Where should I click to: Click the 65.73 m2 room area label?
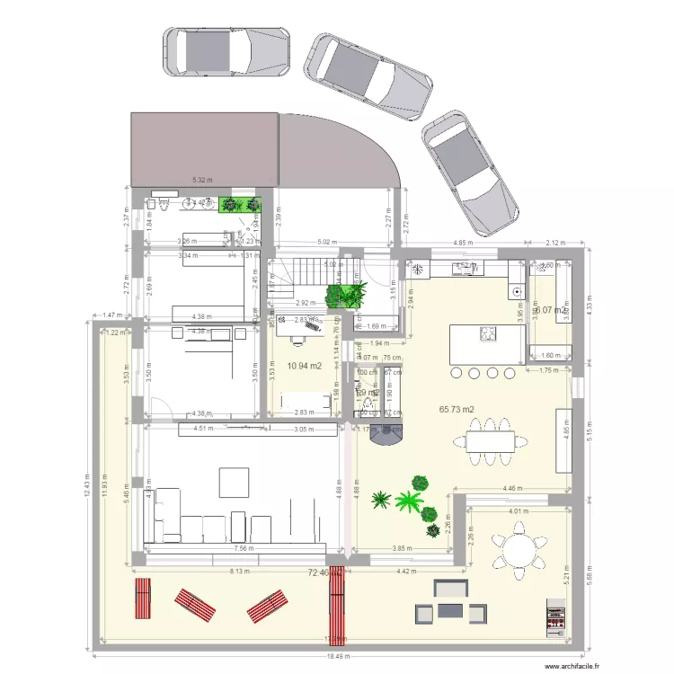[x=457, y=409]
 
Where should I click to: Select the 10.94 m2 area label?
[x=305, y=366]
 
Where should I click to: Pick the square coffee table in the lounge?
[x=235, y=483]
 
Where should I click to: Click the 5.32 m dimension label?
[x=203, y=181]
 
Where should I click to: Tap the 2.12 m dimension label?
[x=556, y=243]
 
